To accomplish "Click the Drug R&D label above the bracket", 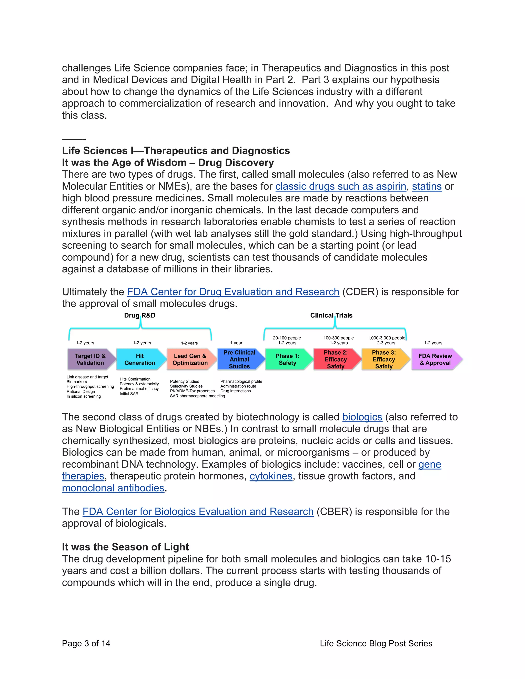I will (140, 315).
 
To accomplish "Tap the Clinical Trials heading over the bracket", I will (331, 315).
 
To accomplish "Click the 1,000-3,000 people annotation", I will (386, 338).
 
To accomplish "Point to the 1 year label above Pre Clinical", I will (236, 343).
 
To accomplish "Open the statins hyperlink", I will (427, 186).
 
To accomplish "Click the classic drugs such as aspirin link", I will (341, 186).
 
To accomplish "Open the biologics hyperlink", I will (362, 417).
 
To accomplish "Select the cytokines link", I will (271, 476).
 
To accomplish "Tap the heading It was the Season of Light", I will (125, 547).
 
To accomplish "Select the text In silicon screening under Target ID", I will (84, 396).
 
